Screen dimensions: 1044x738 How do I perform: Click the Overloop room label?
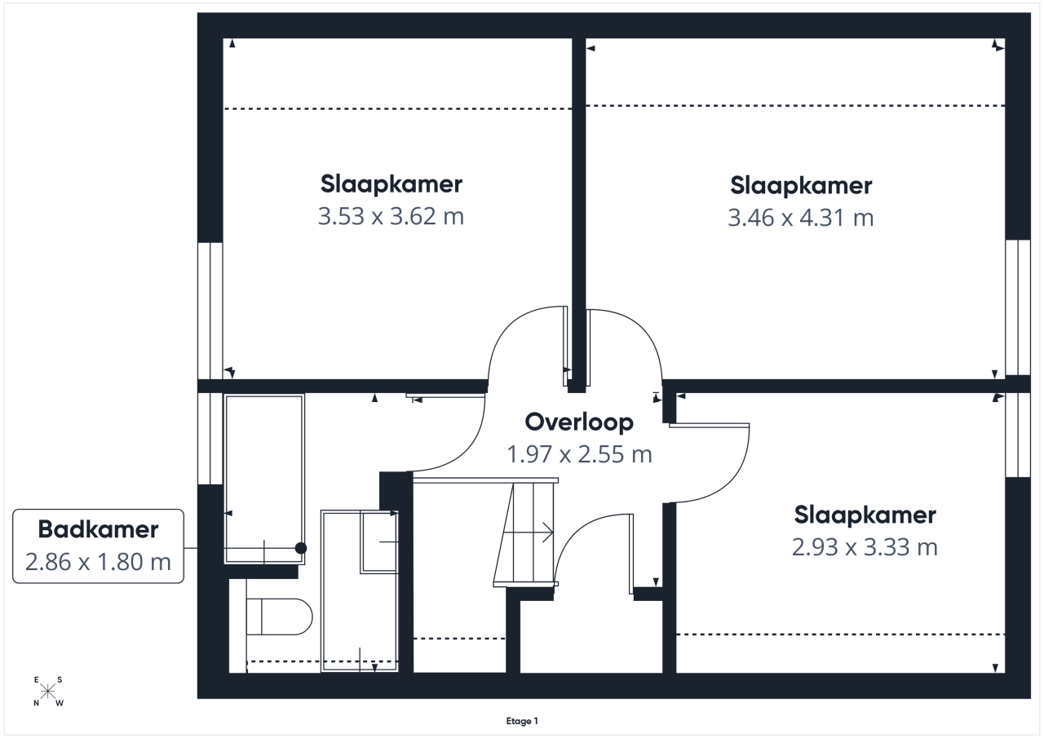pos(579,422)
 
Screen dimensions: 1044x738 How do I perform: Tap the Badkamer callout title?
pos(98,529)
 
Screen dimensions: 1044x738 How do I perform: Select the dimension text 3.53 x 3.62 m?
pos(391,216)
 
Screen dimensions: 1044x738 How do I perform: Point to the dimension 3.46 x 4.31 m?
pos(801,218)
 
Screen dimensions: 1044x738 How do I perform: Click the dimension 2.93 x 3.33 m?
pos(865,547)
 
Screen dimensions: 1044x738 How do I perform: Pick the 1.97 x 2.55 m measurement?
pos(579,454)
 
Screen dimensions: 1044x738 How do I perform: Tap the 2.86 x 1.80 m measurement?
pos(98,562)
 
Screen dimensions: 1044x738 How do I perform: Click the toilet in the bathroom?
pos(279,616)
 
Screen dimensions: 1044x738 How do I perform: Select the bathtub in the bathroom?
pos(264,479)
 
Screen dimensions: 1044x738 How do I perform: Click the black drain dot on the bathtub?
pos(301,548)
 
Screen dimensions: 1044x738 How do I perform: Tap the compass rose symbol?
pos(47,692)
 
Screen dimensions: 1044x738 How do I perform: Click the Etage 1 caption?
pos(522,721)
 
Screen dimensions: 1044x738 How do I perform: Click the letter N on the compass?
pos(37,703)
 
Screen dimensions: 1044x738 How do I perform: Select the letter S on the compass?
pos(60,680)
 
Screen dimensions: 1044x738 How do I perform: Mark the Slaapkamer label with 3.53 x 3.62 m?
pos(391,184)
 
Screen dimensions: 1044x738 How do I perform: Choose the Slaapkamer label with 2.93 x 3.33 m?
pos(865,515)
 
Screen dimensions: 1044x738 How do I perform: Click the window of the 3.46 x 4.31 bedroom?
pos(1017,307)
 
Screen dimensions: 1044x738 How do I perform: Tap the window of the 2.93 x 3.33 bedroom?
pos(1017,435)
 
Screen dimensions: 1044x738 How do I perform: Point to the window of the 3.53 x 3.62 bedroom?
pos(210,311)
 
